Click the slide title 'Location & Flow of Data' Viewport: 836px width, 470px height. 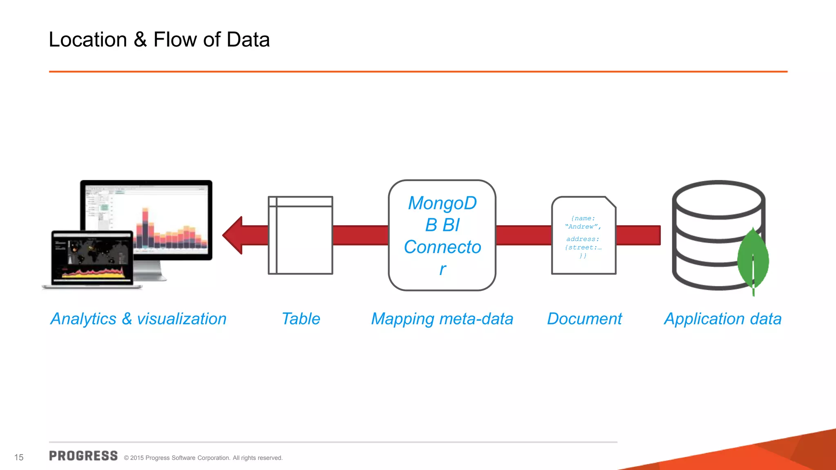[159, 40]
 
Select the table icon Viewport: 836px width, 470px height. [300, 235]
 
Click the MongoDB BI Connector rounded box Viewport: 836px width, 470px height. [442, 235]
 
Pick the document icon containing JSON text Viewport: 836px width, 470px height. [584, 235]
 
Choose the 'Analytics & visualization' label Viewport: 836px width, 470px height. [138, 319]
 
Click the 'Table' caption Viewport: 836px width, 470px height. [301, 319]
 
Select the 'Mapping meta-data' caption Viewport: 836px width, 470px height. [442, 319]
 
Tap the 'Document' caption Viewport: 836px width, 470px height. [584, 319]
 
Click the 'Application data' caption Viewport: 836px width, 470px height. [723, 319]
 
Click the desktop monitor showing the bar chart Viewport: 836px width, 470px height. [163, 216]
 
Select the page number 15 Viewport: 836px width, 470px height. [19, 457]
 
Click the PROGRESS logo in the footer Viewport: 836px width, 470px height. [83, 456]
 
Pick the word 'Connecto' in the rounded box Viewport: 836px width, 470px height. [442, 247]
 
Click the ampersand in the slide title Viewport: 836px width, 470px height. [140, 40]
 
